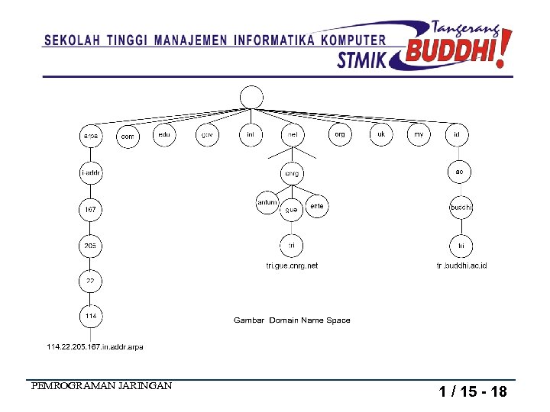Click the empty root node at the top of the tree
pyautogui.click(x=251, y=97)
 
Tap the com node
pyautogui.click(x=128, y=137)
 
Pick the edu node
pyautogui.click(x=164, y=134)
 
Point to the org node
pyautogui.click(x=340, y=134)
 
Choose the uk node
pyautogui.click(x=381, y=134)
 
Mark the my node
pyautogui.click(x=419, y=134)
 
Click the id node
pyautogui.click(x=457, y=134)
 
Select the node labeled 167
pyautogui.click(x=90, y=208)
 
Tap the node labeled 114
pyautogui.click(x=90, y=315)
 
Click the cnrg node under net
pyautogui.click(x=292, y=173)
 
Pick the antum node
pyautogui.click(x=267, y=203)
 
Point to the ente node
pyautogui.click(x=317, y=206)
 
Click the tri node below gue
pyautogui.click(x=292, y=246)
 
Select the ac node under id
pyautogui.click(x=458, y=172)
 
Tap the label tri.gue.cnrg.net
pyautogui.click(x=292, y=266)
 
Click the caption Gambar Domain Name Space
pyautogui.click(x=292, y=320)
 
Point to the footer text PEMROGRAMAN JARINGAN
pyautogui.click(x=102, y=386)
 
